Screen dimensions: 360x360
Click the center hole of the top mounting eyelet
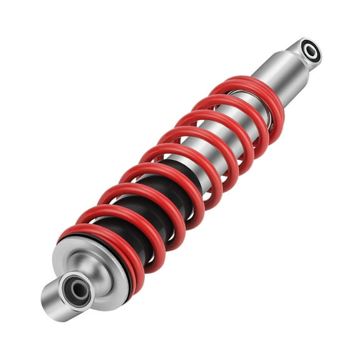pos(310,51)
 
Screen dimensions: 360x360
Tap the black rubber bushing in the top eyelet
pos(306,48)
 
